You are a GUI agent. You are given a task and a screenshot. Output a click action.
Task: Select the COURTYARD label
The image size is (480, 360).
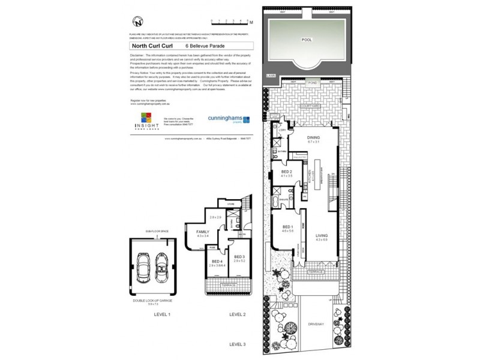pyautogui.click(x=312, y=105)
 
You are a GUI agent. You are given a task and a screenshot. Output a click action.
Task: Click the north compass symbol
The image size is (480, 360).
pyautogui.click(x=139, y=22)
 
